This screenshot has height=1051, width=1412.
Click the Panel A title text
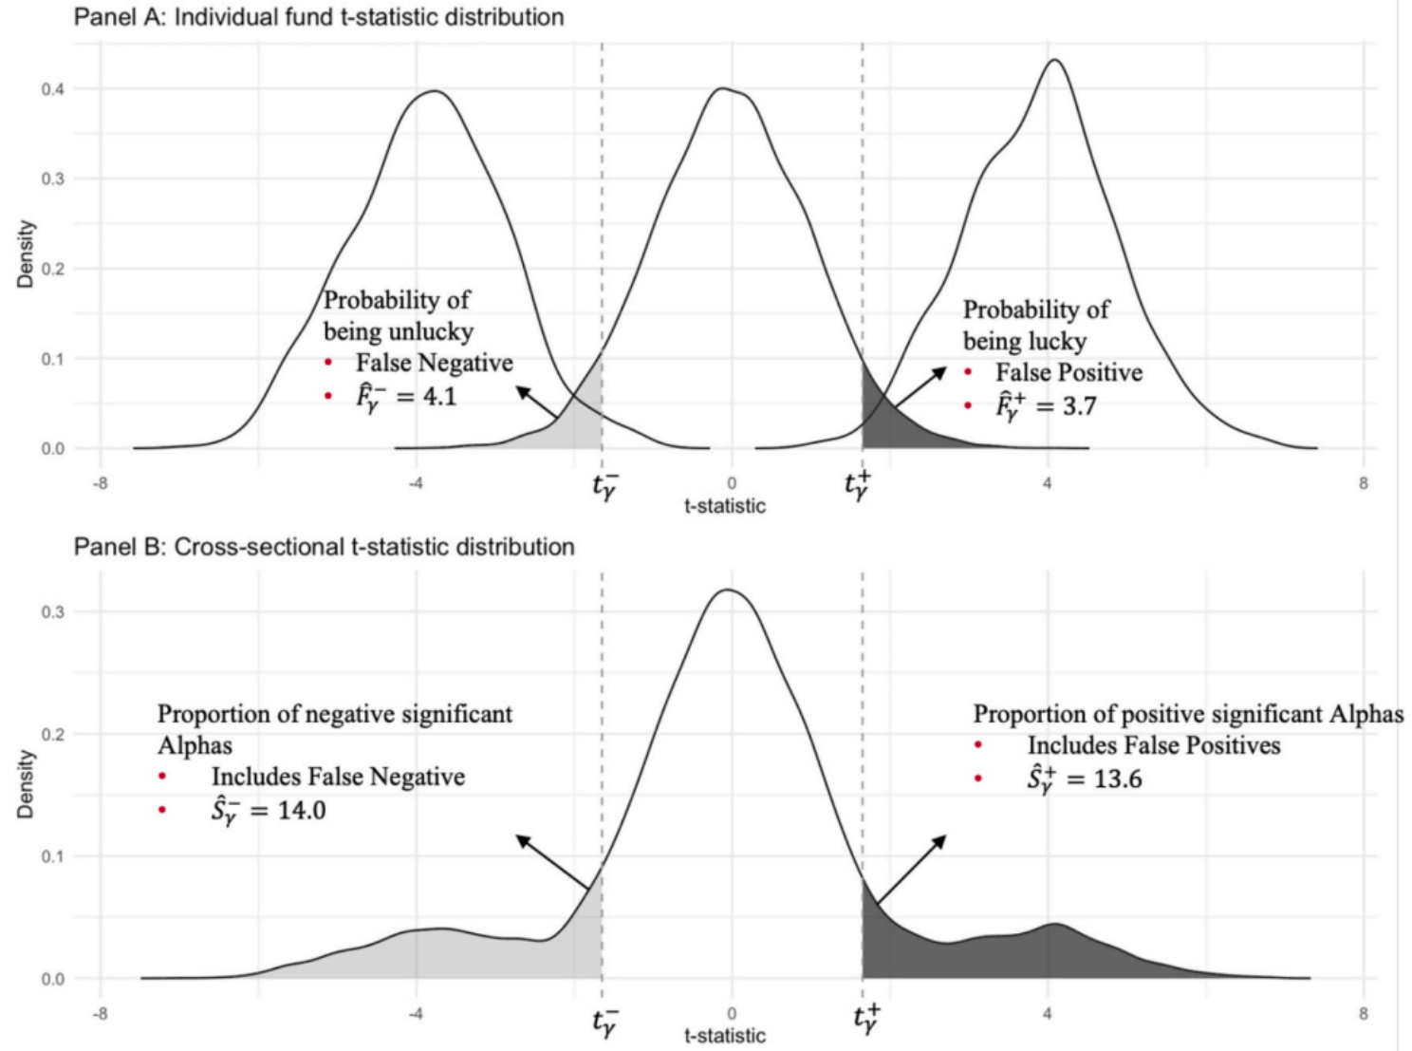point(319,17)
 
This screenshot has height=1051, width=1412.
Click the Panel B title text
point(324,547)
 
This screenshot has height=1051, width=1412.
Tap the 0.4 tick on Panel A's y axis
point(52,89)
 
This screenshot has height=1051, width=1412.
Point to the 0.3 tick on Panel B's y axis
point(52,612)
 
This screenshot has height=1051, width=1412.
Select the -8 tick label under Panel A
point(99,483)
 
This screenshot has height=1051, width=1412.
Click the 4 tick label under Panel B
point(1047,1013)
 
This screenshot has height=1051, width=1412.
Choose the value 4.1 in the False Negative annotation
point(439,396)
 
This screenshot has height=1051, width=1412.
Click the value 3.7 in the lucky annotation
point(1079,406)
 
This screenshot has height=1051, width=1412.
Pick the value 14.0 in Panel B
point(302,811)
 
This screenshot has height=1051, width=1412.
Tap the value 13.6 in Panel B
point(1117,779)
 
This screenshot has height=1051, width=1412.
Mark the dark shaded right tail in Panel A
point(887,422)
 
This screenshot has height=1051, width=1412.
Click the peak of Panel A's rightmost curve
point(1054,61)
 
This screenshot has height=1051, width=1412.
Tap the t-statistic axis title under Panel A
point(724,505)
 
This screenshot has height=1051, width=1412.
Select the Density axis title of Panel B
point(26,784)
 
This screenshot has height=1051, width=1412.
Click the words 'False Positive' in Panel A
point(1068,373)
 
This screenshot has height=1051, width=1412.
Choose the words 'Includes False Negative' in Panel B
point(338,777)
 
